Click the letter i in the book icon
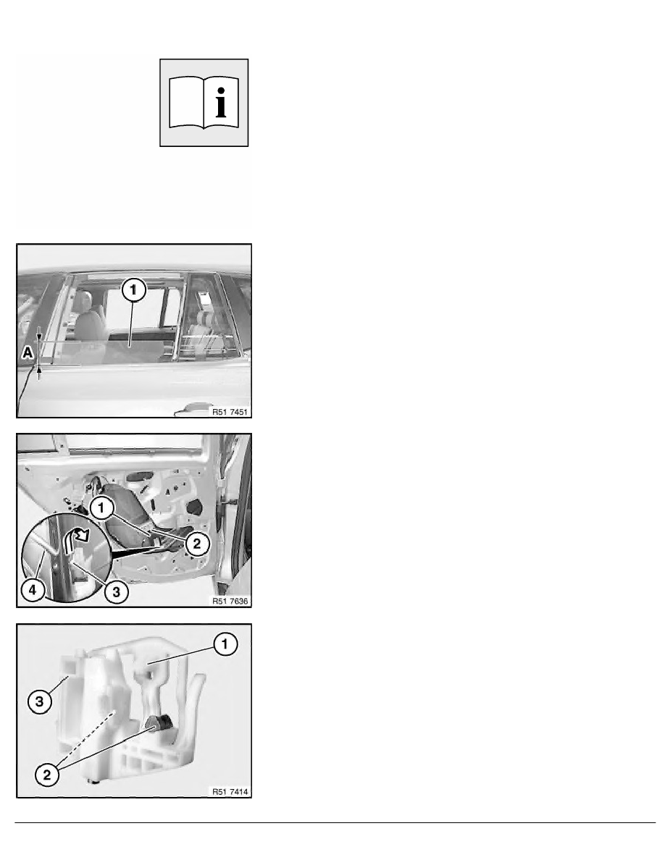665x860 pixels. point(220,103)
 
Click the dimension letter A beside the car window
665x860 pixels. point(28,353)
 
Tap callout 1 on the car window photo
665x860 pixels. point(134,290)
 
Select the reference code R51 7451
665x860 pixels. point(230,412)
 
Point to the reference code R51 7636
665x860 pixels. point(230,601)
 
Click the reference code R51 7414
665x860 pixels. point(230,791)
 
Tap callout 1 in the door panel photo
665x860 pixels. point(101,508)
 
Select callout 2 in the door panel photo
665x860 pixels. point(197,544)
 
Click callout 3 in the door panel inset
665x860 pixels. point(117,592)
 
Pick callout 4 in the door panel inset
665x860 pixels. point(33,590)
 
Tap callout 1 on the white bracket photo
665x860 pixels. point(225,644)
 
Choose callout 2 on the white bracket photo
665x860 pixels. point(46,775)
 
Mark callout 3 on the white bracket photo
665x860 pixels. point(40,701)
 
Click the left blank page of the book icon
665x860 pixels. point(186,103)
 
